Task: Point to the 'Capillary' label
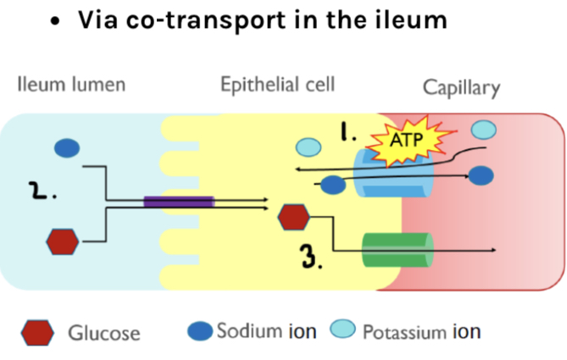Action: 461,88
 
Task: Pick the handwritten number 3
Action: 312,257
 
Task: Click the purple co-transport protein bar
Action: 179,202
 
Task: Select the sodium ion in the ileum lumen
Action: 67,148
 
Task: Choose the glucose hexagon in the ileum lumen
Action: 62,241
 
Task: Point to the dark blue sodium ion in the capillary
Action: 481,176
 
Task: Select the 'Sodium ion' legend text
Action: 266,330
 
